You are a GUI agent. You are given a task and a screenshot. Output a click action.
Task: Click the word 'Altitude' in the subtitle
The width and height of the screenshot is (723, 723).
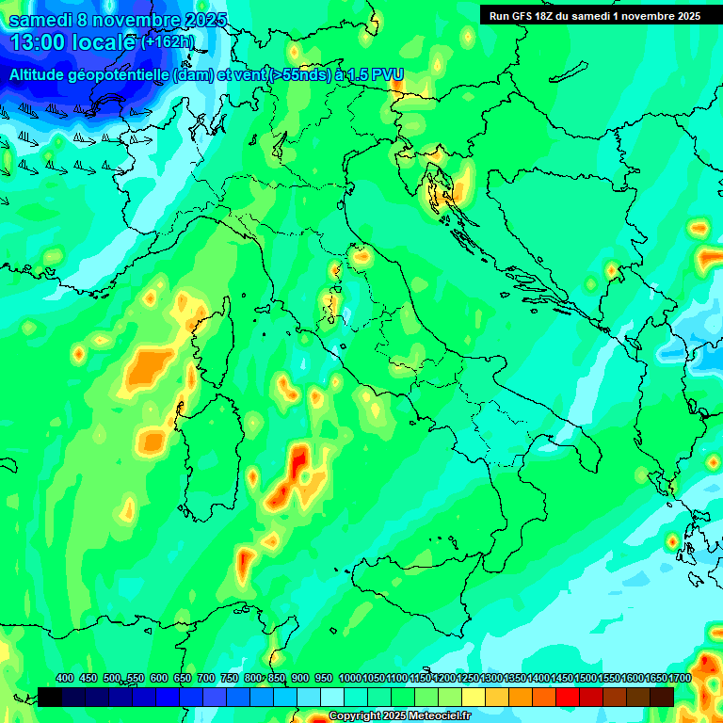tap(42, 73)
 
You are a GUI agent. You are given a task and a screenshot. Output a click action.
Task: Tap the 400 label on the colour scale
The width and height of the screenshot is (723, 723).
tap(65, 678)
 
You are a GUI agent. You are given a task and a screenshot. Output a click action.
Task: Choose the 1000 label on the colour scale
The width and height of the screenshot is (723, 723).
tap(350, 678)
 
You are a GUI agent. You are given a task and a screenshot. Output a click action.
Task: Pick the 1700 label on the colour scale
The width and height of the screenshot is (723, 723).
tap(680, 678)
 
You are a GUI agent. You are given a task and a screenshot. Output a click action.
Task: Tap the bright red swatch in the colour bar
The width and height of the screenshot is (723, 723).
tap(568, 697)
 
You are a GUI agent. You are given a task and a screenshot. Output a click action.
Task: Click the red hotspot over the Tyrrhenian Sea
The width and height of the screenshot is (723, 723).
tap(298, 463)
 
